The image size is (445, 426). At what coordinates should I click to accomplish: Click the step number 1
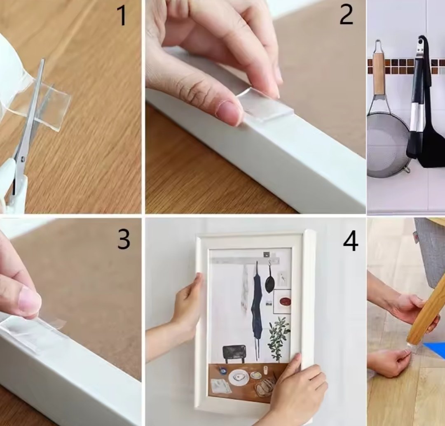[122, 16]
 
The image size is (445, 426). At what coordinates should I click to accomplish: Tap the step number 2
[346, 15]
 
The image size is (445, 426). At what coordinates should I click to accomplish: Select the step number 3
[124, 240]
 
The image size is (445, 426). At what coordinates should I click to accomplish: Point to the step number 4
[351, 241]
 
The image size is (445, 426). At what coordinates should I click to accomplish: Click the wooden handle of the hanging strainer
[378, 74]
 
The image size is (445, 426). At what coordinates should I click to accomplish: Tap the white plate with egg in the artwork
[239, 378]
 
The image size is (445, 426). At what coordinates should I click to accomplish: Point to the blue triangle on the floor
[436, 350]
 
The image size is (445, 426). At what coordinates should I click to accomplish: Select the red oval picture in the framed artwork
[285, 301]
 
